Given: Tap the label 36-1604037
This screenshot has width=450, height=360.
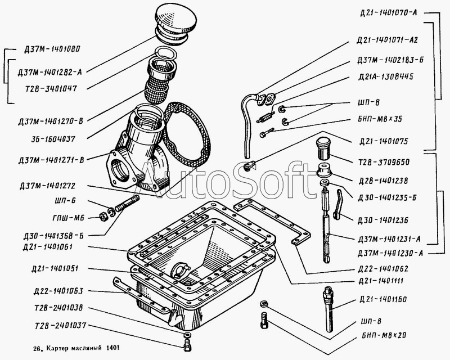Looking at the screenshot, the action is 55,138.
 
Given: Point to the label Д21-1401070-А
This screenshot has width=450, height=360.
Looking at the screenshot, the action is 386,12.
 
